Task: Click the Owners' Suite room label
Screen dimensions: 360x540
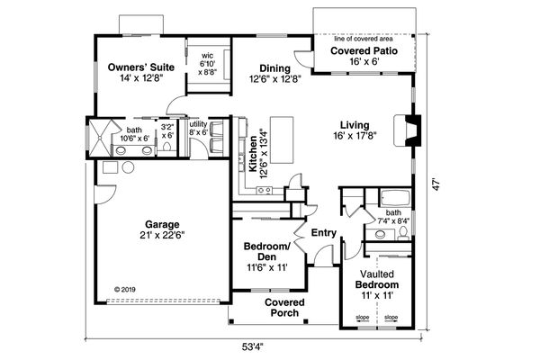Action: (x=139, y=67)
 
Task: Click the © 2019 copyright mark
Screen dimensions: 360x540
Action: (x=130, y=290)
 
